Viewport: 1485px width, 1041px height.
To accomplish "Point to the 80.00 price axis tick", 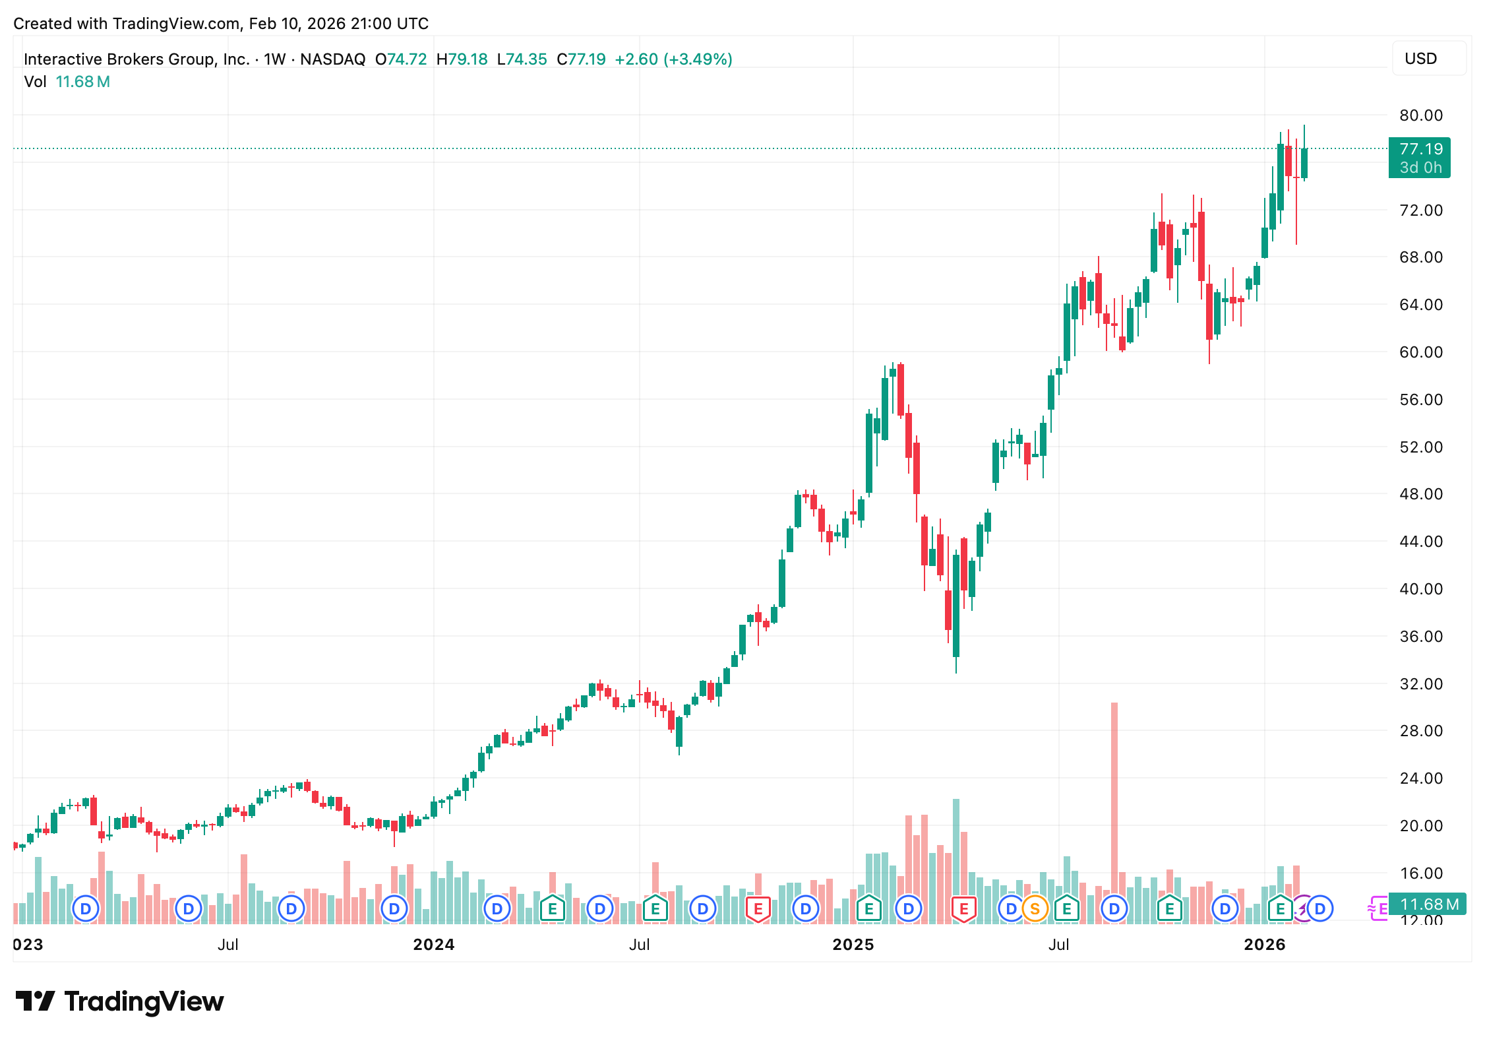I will [x=1420, y=115].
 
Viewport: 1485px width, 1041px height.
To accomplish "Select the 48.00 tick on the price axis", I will [x=1420, y=494].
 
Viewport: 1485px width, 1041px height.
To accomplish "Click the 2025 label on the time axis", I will [x=853, y=945].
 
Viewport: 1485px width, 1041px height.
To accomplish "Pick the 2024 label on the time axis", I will [x=433, y=945].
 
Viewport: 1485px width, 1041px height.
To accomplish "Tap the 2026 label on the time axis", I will [x=1264, y=945].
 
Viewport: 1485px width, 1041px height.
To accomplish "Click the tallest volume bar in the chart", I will [x=1114, y=811].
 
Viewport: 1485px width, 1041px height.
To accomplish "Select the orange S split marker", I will [x=1035, y=909].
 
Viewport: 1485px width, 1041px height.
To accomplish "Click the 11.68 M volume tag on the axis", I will [x=1428, y=904].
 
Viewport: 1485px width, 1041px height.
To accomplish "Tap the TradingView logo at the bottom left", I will [x=120, y=1001].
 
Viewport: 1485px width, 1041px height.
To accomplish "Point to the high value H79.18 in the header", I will [x=462, y=59].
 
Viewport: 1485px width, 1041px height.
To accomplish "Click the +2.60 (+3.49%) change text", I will [x=673, y=59].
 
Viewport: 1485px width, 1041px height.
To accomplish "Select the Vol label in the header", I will [x=35, y=82].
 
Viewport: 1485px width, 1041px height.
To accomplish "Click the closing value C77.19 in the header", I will [x=581, y=59].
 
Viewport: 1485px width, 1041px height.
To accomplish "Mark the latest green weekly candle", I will [x=1304, y=163].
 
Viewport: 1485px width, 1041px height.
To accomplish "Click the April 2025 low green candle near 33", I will [x=956, y=606].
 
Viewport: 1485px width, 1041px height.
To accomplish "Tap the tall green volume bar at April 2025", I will [x=956, y=858].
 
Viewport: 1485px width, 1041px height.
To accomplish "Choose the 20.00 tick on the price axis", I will [x=1420, y=826].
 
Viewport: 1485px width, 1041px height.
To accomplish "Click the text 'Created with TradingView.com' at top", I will [x=127, y=24].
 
